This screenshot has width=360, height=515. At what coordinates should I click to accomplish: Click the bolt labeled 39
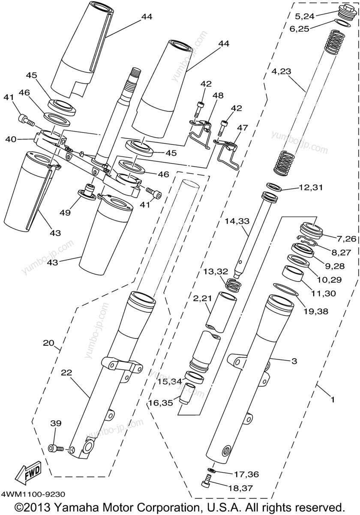[x=56, y=448]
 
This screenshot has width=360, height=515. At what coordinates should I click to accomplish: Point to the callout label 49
[x=65, y=213]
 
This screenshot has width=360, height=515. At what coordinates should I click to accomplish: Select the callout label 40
[x=10, y=139]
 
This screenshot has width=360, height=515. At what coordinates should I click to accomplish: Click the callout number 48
[x=218, y=96]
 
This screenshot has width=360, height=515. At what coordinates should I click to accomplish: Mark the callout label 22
[x=67, y=373]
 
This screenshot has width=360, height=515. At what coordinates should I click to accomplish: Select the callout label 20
[x=48, y=343]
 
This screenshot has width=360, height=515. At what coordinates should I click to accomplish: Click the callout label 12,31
[x=311, y=188]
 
